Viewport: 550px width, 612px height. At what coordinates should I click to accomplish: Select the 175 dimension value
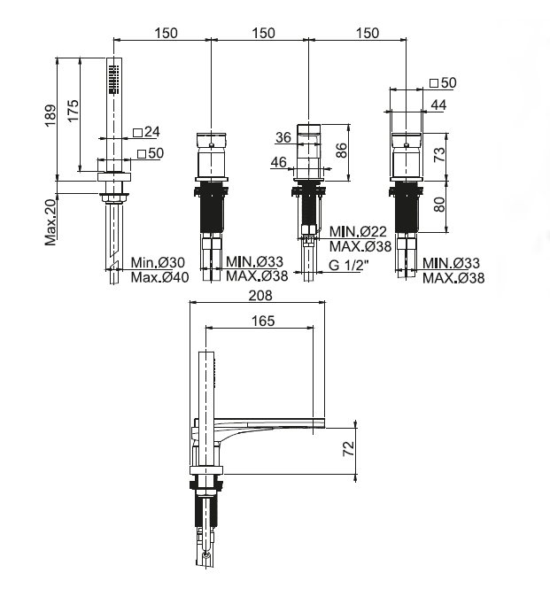tap(74, 112)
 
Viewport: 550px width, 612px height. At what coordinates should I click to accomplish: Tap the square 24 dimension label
tap(146, 132)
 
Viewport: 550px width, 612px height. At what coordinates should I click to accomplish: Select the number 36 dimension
tap(283, 137)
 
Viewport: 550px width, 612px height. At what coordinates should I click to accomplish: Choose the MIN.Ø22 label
tap(357, 232)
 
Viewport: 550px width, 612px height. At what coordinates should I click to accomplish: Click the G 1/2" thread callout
tap(349, 266)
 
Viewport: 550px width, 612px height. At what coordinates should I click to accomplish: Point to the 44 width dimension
tap(438, 105)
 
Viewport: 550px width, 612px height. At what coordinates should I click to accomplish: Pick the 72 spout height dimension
tap(349, 448)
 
